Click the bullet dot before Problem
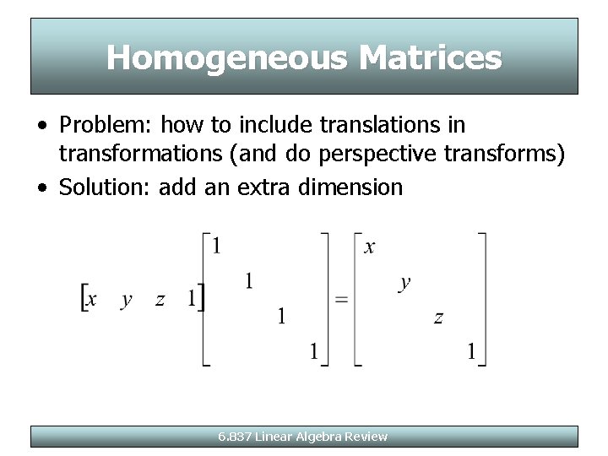coord(41,126)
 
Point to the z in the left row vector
coord(160,300)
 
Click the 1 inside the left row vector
coord(192,299)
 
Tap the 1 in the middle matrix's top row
coord(217,247)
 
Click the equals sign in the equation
coord(342,300)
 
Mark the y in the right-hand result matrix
coord(404,283)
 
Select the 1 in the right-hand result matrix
coord(472,351)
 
